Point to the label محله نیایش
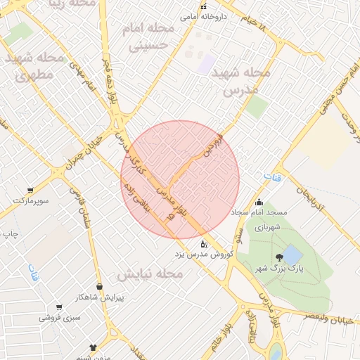(x=150, y=274)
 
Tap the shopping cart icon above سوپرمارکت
(x=30, y=191)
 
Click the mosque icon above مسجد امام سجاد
(x=259, y=202)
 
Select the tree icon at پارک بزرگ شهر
(x=280, y=257)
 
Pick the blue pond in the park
(x=292, y=254)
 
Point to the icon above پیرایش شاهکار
(x=99, y=286)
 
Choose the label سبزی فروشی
(x=56, y=318)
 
